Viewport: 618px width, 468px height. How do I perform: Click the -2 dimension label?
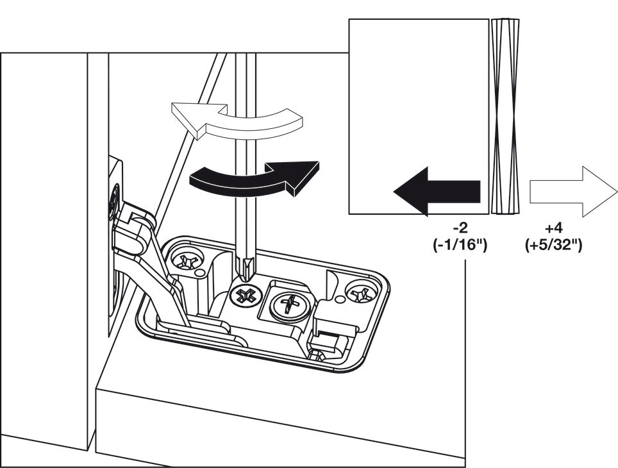pyautogui.click(x=460, y=230)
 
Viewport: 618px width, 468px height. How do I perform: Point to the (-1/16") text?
pyautogui.click(x=460, y=245)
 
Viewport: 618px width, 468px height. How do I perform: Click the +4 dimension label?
pyautogui.click(x=554, y=230)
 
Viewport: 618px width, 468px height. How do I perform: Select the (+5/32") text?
pyautogui.click(x=554, y=245)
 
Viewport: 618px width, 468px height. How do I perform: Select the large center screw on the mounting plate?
pyautogui.click(x=289, y=303)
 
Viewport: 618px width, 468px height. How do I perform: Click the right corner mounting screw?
pyautogui.click(x=361, y=294)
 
